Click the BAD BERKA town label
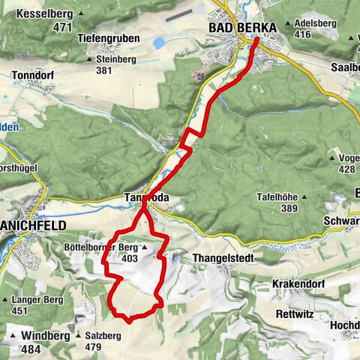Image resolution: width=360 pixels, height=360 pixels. pos(241,28)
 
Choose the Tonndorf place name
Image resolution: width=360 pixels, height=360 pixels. pos(34,76)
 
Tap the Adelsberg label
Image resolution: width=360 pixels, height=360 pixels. pos(314,23)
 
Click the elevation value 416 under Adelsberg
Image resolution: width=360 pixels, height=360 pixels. pos(303,34)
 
